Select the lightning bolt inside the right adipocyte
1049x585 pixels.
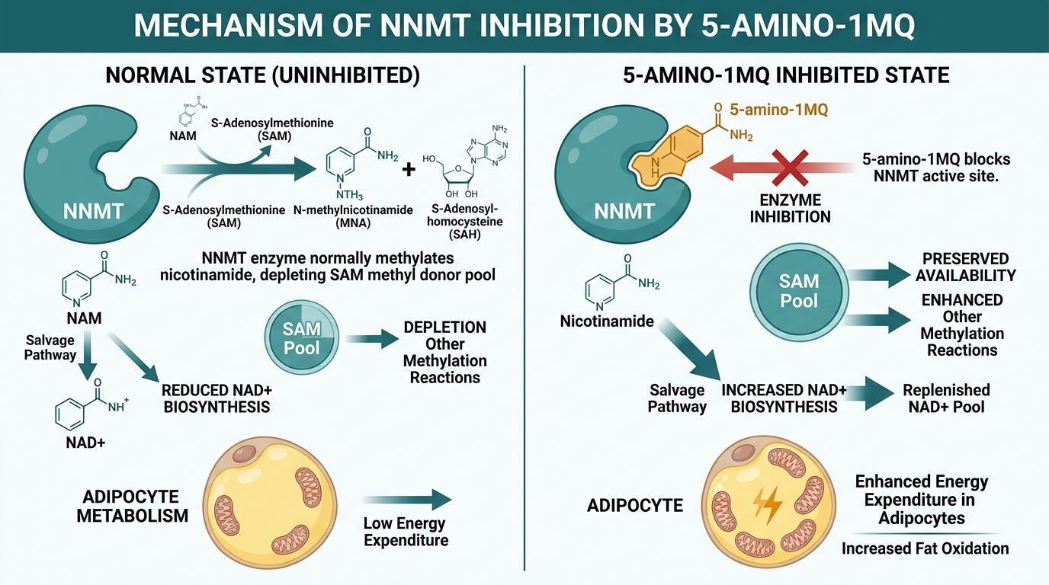pos(767,502)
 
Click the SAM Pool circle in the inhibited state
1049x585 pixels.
pos(798,289)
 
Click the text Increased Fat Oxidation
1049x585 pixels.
pos(924,548)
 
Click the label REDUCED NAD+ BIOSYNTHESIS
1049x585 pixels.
pos(216,398)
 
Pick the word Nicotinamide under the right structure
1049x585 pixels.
pos(607,321)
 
